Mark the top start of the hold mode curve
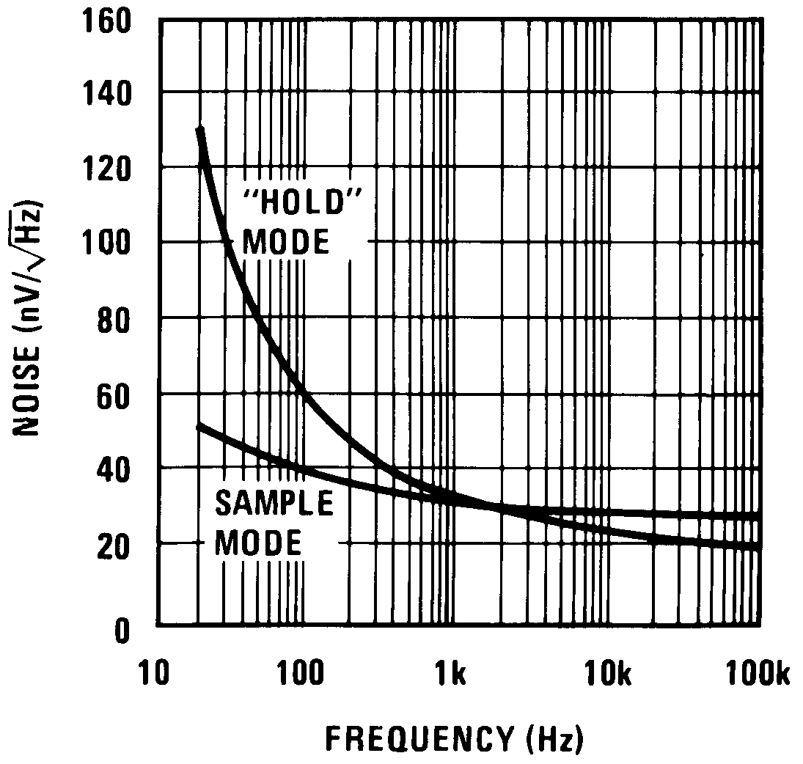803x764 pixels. (x=199, y=131)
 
